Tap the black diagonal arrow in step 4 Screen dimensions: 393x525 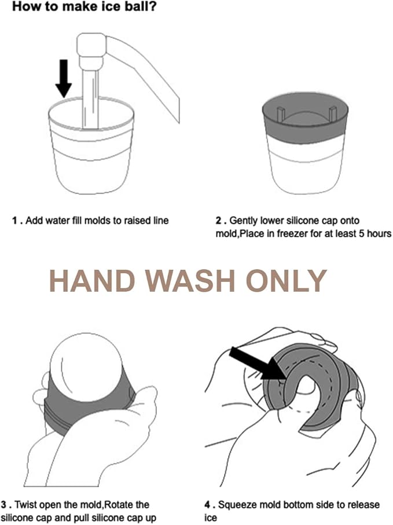[x=258, y=364]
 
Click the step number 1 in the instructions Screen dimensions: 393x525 [x=14, y=221]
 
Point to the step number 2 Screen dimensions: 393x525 [x=218, y=221]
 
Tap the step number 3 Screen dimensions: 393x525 [x=4, y=504]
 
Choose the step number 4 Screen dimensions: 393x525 [x=208, y=504]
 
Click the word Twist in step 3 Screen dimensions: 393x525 [x=24, y=504]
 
